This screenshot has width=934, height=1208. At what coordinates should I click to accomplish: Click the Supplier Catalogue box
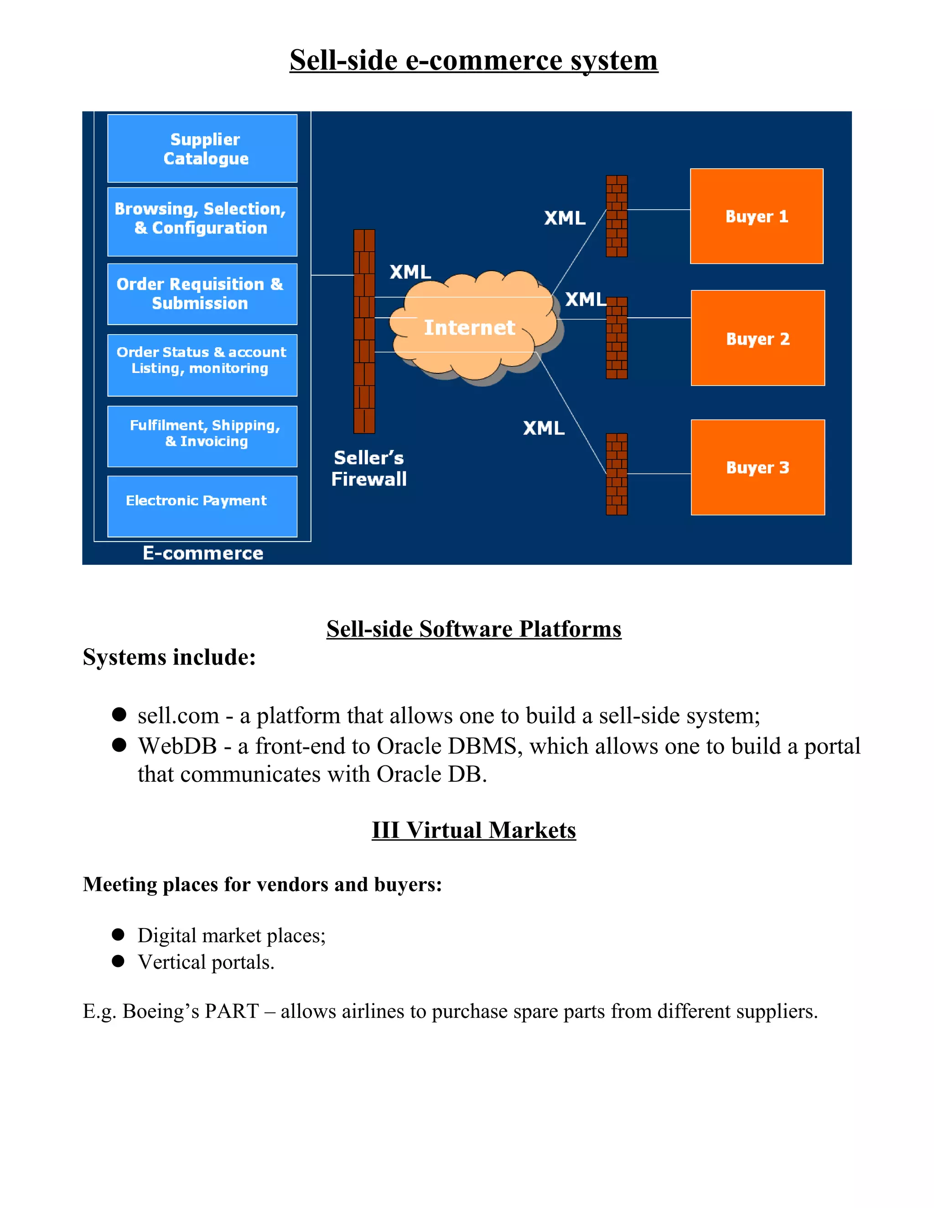point(202,148)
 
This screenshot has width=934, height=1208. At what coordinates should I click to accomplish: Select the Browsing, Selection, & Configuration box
point(202,221)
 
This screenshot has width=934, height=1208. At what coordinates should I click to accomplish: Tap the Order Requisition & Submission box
point(202,294)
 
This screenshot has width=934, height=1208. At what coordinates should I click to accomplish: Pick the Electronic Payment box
point(202,506)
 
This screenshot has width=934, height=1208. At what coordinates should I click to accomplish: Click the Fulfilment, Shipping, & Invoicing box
point(202,436)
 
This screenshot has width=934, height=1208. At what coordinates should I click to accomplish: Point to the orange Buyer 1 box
point(757,216)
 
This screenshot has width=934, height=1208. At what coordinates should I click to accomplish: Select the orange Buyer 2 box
point(758,338)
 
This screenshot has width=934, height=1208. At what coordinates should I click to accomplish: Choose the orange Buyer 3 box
point(758,467)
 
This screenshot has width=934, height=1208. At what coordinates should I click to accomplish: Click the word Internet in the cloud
point(469,327)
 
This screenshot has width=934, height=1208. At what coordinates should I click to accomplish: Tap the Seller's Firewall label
point(368,469)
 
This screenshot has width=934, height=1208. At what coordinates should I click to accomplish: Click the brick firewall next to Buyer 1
point(617,216)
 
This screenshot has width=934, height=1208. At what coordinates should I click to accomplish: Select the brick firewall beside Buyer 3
point(617,474)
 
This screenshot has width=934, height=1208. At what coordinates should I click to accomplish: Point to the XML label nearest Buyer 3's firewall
point(543,428)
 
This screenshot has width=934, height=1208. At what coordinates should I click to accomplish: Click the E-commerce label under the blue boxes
point(202,553)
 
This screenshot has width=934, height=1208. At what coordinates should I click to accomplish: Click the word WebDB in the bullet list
point(177,746)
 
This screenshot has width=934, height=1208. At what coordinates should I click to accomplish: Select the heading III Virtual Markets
point(474,830)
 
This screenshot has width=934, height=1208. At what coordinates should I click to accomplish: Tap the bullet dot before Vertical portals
point(118,961)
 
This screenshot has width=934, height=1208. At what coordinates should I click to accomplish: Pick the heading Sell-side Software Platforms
point(474,630)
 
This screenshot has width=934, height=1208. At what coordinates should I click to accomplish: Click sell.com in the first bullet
point(178,716)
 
